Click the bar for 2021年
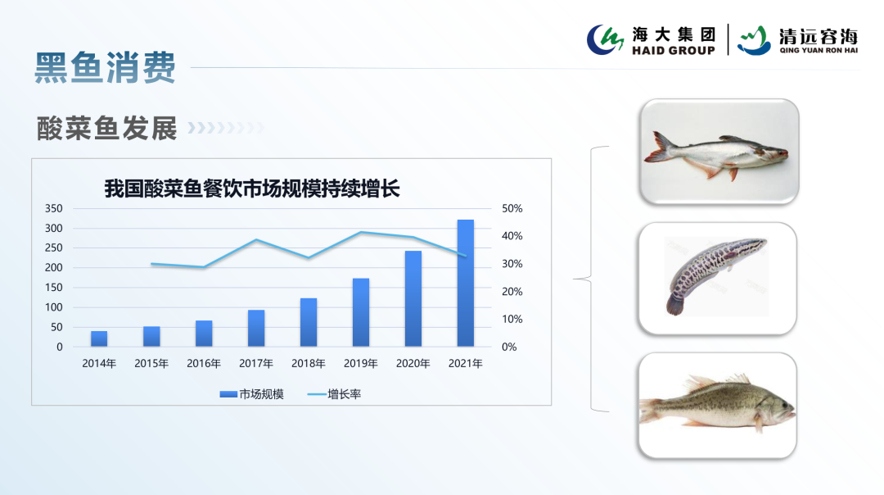point(465,283)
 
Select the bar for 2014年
point(99,338)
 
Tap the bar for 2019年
point(361,312)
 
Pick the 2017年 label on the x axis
point(256,363)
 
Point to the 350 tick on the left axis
point(53,208)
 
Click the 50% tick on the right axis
point(512,208)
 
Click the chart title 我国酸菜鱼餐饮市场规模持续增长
point(251,188)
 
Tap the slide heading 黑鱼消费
point(105,68)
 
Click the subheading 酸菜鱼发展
point(107,128)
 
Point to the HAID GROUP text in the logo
point(673,51)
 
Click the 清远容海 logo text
point(818,36)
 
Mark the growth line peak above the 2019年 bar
point(361,232)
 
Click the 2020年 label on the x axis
point(413,363)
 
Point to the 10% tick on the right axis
point(512,319)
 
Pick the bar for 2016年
point(204,334)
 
